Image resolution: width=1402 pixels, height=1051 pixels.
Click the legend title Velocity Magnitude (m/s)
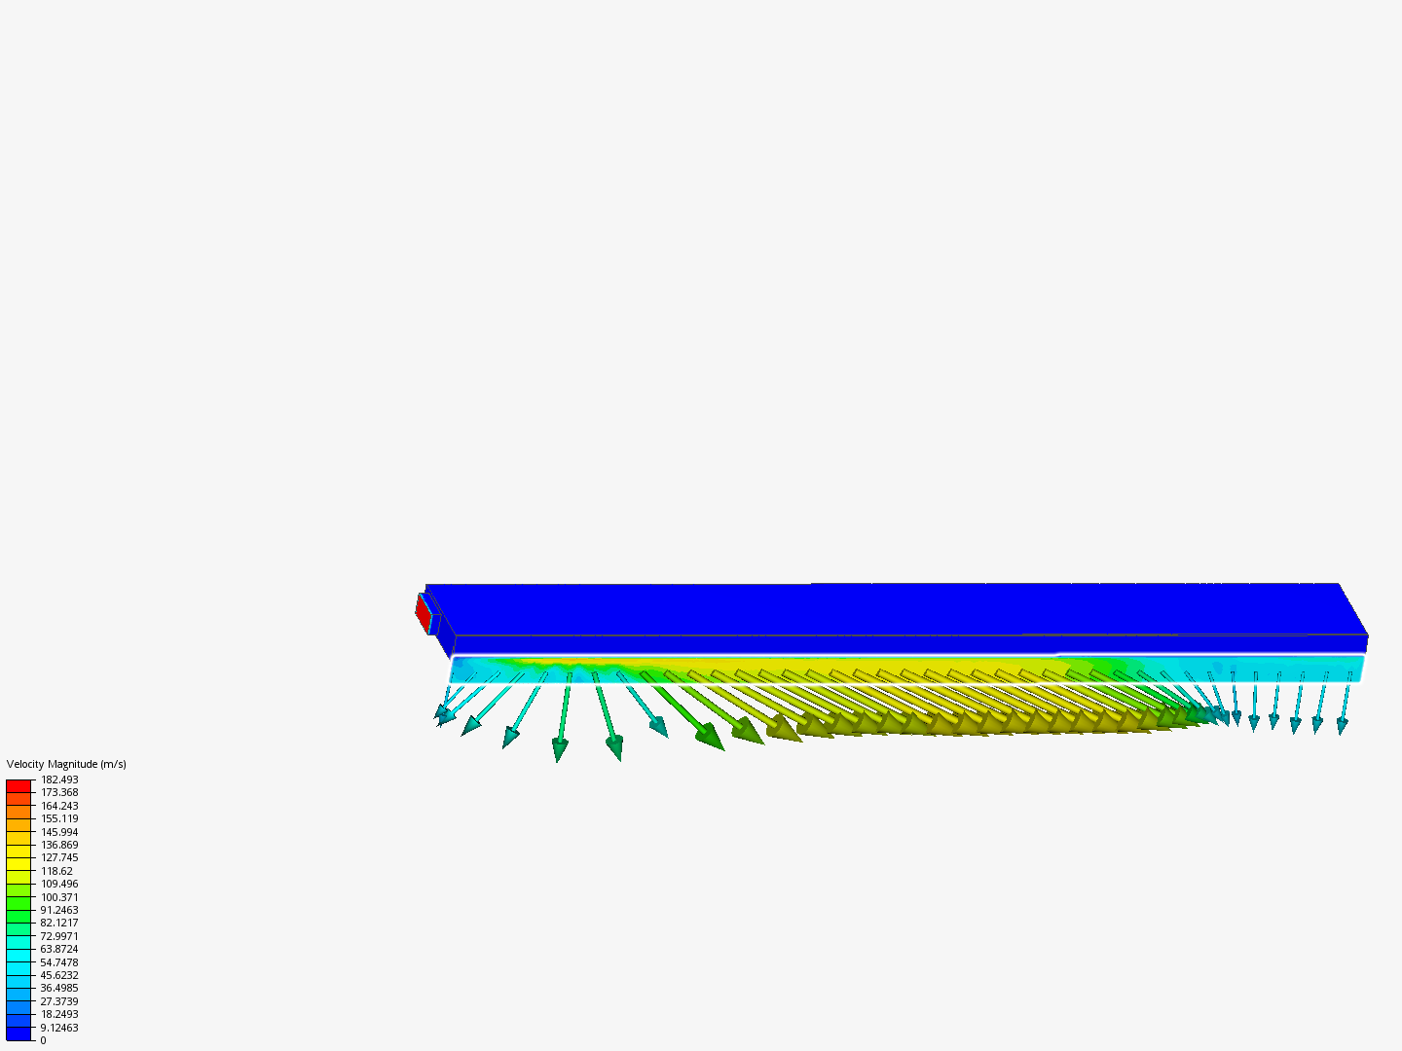(x=66, y=764)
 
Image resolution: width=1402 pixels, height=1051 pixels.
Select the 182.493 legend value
(x=59, y=779)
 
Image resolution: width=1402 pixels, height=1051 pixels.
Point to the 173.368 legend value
(x=59, y=792)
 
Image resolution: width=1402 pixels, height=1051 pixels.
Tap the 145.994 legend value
(x=59, y=831)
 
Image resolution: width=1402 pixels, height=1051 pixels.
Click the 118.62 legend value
(x=56, y=870)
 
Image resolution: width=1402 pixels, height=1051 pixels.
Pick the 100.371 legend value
(x=59, y=896)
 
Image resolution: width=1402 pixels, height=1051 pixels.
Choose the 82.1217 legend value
(x=59, y=923)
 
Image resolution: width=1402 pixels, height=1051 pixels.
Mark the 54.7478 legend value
(x=59, y=961)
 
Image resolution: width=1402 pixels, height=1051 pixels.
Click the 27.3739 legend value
(x=59, y=1000)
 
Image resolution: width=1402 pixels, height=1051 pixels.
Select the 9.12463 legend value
(x=59, y=1027)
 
